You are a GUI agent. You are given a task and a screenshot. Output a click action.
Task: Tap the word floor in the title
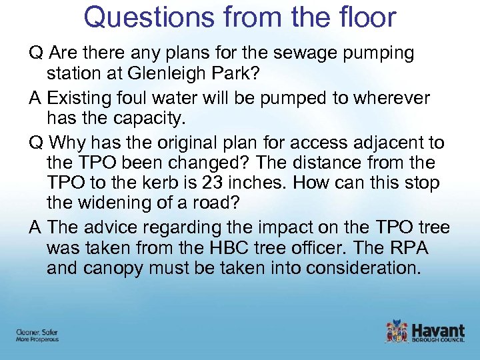tap(365, 17)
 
